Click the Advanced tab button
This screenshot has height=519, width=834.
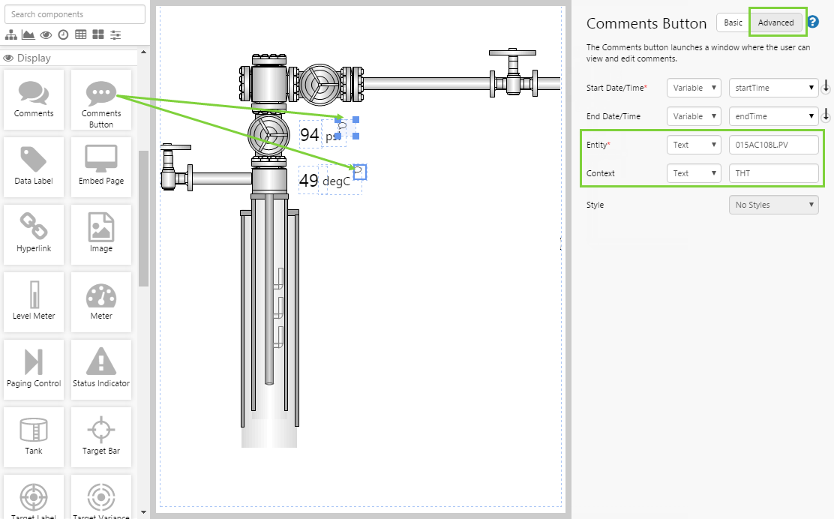(x=775, y=22)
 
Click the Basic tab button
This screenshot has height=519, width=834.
(x=733, y=22)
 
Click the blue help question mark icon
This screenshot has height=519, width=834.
(x=813, y=22)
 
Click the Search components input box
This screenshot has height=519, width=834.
(x=75, y=14)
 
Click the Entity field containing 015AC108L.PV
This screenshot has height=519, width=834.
(x=773, y=145)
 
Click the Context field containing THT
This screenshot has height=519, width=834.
(x=773, y=173)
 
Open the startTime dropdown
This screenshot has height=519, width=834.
(x=773, y=88)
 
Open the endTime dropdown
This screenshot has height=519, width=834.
(x=773, y=116)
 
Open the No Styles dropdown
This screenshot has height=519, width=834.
(x=773, y=205)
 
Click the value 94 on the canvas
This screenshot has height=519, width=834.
(x=310, y=136)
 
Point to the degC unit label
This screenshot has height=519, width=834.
(x=336, y=181)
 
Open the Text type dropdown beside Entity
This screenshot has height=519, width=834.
(x=693, y=145)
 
